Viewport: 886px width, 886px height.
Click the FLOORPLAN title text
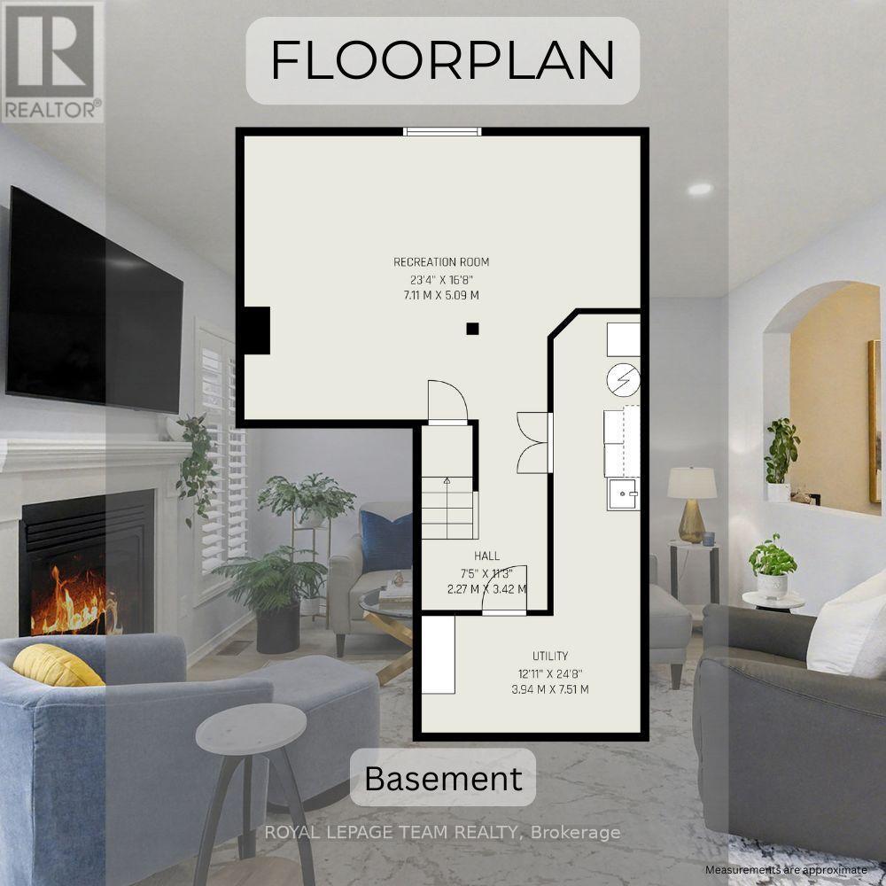442,60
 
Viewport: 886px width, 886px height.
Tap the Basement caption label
443,779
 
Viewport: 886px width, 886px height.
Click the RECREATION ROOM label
441,262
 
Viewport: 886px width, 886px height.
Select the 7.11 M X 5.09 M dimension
441,295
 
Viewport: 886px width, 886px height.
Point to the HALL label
486,556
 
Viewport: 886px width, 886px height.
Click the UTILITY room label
550,656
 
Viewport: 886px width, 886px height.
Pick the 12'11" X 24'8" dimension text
550,673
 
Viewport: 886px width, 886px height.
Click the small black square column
472,329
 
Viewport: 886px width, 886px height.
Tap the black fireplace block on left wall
256,330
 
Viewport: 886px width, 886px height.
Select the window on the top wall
442,132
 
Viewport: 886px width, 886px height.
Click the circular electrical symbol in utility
623,380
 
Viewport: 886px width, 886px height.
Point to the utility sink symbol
623,494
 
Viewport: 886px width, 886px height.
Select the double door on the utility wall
533,443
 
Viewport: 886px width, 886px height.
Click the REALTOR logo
52,61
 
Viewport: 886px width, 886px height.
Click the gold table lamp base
691,521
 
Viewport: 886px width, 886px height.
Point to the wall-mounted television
94,300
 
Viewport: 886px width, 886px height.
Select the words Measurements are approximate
785,870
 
